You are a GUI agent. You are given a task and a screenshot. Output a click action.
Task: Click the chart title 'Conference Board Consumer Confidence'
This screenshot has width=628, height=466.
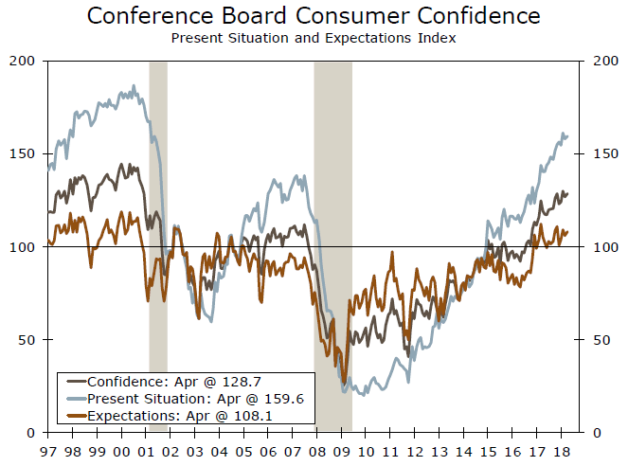(x=314, y=16)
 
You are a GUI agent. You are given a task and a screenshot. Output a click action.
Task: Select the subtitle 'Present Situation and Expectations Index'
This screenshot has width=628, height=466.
(x=314, y=38)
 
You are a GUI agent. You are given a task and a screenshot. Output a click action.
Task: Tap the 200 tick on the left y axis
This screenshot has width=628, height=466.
(x=24, y=61)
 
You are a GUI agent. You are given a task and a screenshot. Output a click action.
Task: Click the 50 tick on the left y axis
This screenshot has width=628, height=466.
(x=27, y=339)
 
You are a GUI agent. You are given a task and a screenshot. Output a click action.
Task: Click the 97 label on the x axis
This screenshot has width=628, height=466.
(x=47, y=453)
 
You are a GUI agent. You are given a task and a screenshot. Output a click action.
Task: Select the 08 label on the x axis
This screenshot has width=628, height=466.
(x=317, y=453)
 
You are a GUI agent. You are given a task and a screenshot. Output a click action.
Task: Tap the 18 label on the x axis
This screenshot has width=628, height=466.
(x=563, y=453)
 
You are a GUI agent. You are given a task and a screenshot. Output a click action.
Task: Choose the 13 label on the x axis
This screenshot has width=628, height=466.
(x=440, y=453)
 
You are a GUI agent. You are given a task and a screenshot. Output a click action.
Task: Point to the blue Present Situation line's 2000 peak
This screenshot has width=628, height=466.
(x=134, y=86)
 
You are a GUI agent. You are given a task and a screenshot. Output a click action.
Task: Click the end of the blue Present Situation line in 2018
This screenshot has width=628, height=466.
(x=567, y=135)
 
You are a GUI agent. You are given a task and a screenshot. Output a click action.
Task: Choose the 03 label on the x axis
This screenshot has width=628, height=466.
(x=195, y=453)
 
